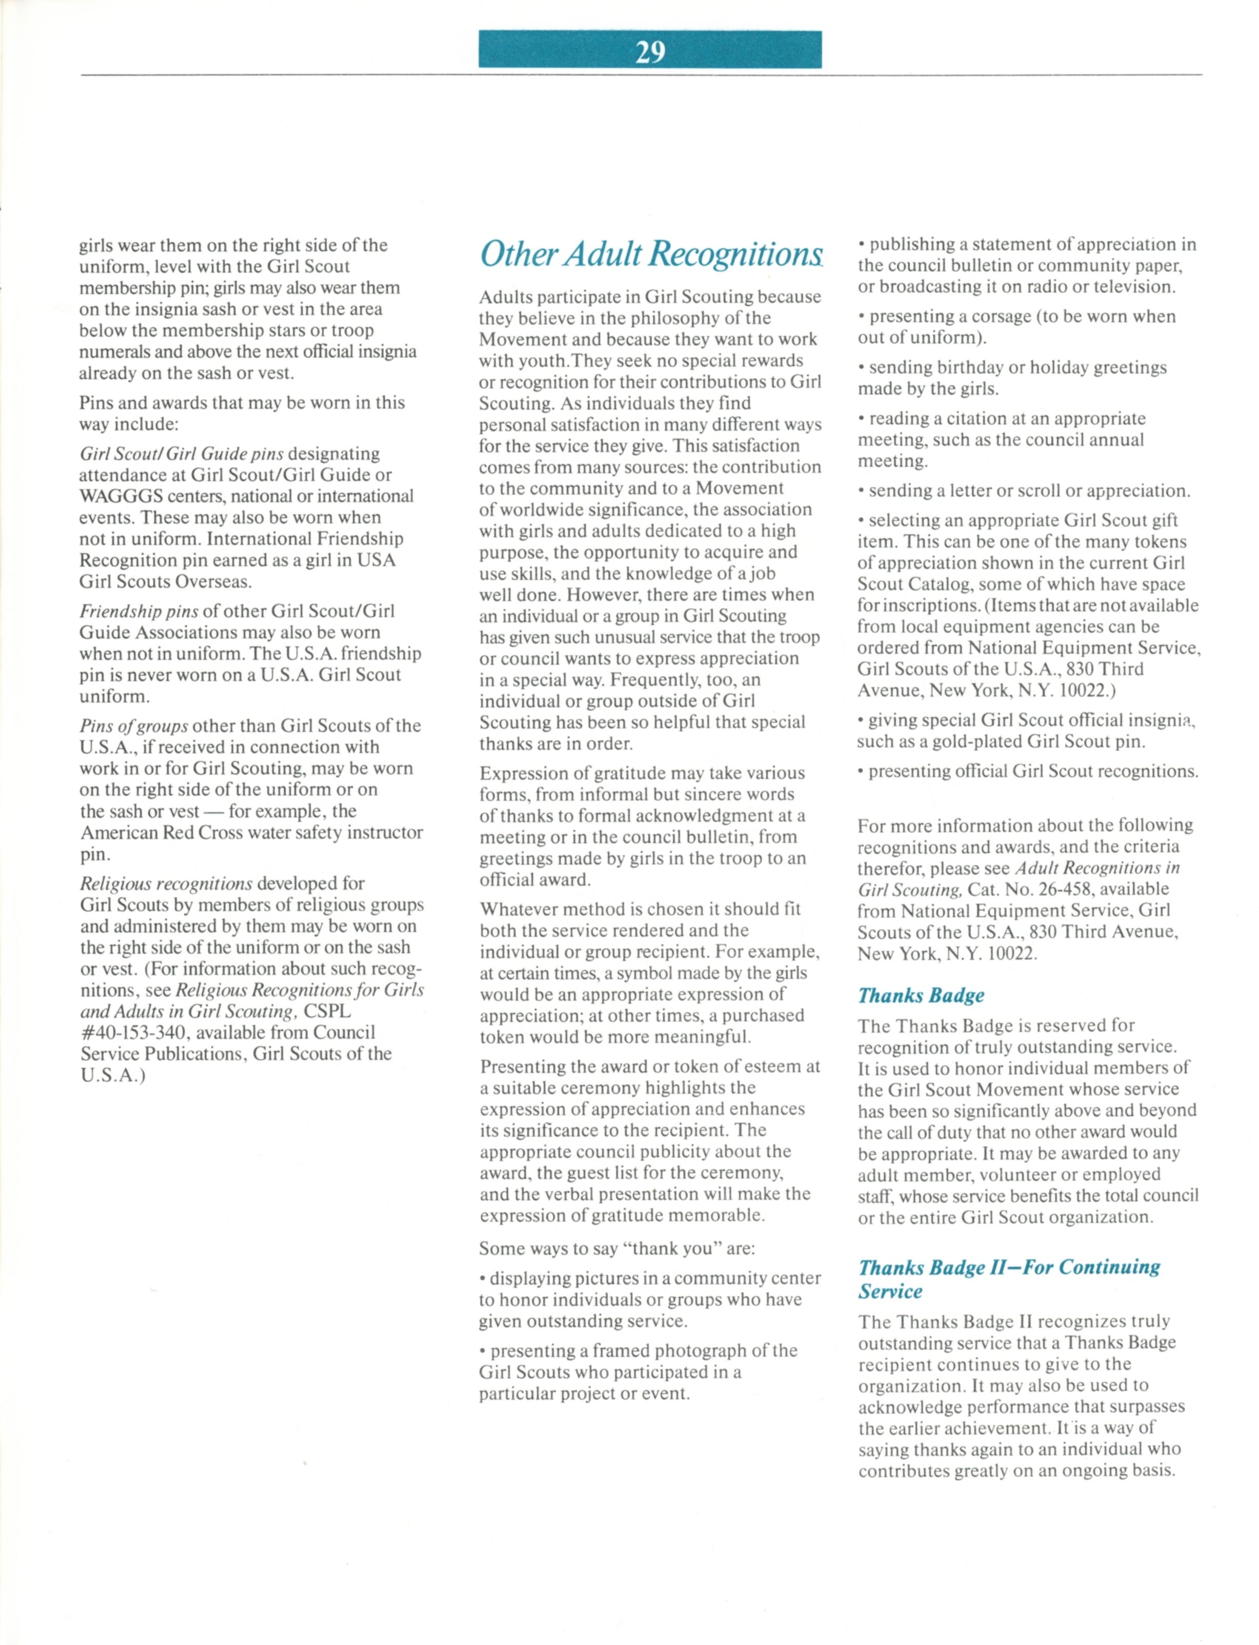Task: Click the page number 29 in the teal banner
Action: (650, 51)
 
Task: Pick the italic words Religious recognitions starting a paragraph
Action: (166, 883)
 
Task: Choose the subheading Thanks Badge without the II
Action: (921, 996)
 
